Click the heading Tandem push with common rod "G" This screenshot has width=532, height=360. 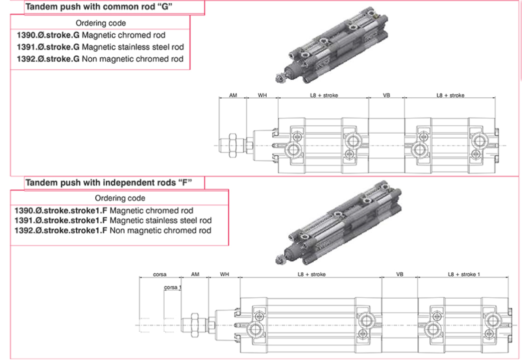coord(103,7)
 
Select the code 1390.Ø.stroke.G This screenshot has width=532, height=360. coord(48,35)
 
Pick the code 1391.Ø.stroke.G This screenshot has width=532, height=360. coord(48,47)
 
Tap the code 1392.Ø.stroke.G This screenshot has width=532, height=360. coord(48,59)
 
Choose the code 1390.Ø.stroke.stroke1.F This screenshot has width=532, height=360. coord(61,210)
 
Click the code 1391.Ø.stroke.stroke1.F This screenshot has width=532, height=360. coord(61,220)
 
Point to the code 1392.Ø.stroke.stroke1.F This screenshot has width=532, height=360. coord(61,230)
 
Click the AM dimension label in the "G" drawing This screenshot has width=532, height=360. coord(233,95)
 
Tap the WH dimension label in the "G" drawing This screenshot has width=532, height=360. coord(262,95)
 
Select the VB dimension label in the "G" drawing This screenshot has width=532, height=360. coord(386,95)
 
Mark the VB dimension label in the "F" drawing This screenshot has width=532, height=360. coord(399,274)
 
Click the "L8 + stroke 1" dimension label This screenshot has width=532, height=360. coord(464,274)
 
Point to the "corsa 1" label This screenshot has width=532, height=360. coord(173,287)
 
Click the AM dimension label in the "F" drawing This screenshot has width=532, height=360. coord(195,274)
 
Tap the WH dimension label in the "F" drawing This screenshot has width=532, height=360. coord(224,274)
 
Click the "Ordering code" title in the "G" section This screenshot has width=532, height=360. coord(101,23)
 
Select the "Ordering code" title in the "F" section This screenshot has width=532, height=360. coord(120,198)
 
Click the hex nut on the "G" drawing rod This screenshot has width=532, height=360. coord(232,145)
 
